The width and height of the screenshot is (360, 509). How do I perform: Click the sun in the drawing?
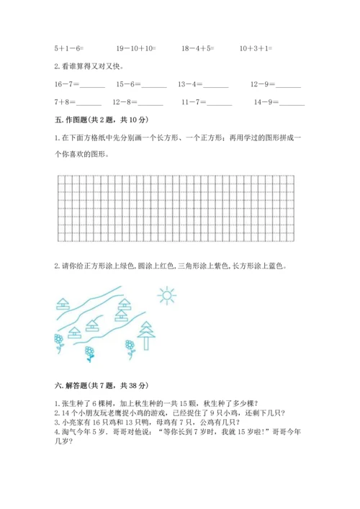(x=166, y=294)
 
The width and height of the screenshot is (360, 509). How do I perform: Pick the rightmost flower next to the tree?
(x=131, y=348)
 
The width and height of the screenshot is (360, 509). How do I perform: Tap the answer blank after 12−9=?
(x=289, y=86)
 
